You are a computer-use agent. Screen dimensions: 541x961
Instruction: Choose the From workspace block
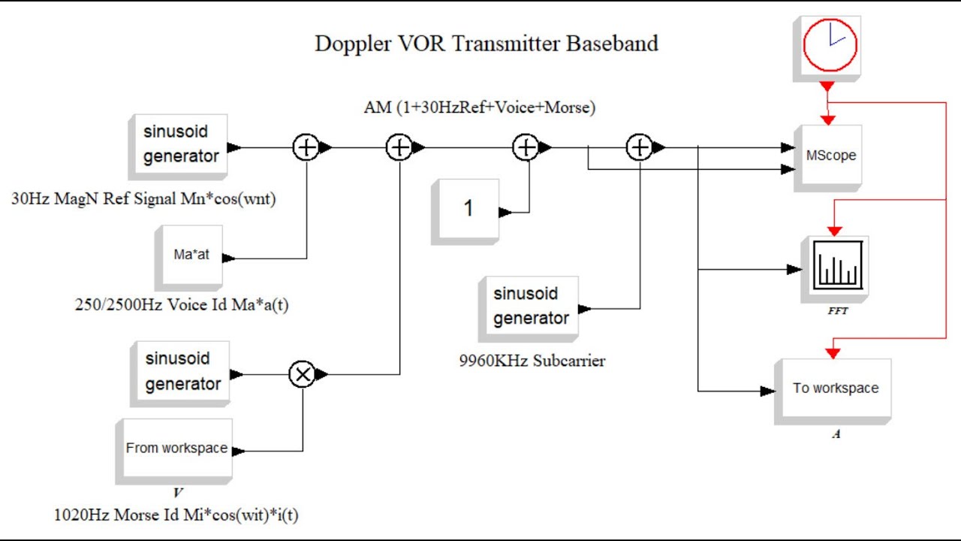tap(176, 448)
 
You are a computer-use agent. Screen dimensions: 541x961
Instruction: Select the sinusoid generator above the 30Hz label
tap(181, 144)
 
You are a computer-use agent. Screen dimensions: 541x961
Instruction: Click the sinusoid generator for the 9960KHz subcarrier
tap(531, 306)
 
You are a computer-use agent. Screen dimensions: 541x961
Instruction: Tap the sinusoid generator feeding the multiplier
tap(182, 371)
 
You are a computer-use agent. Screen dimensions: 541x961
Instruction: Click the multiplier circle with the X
tap(303, 373)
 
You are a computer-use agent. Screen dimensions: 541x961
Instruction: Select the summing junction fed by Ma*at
tap(306, 148)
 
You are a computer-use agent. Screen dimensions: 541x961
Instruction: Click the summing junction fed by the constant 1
tap(526, 148)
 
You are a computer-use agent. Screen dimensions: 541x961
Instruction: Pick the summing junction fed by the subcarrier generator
tap(639, 148)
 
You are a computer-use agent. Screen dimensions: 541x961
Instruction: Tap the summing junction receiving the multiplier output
tap(399, 148)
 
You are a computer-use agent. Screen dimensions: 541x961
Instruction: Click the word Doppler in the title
tap(351, 44)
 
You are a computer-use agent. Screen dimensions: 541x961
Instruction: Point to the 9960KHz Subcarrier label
tap(532, 361)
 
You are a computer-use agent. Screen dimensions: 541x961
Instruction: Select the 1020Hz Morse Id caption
tap(181, 515)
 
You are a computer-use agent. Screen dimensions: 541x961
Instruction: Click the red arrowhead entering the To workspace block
tap(833, 352)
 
